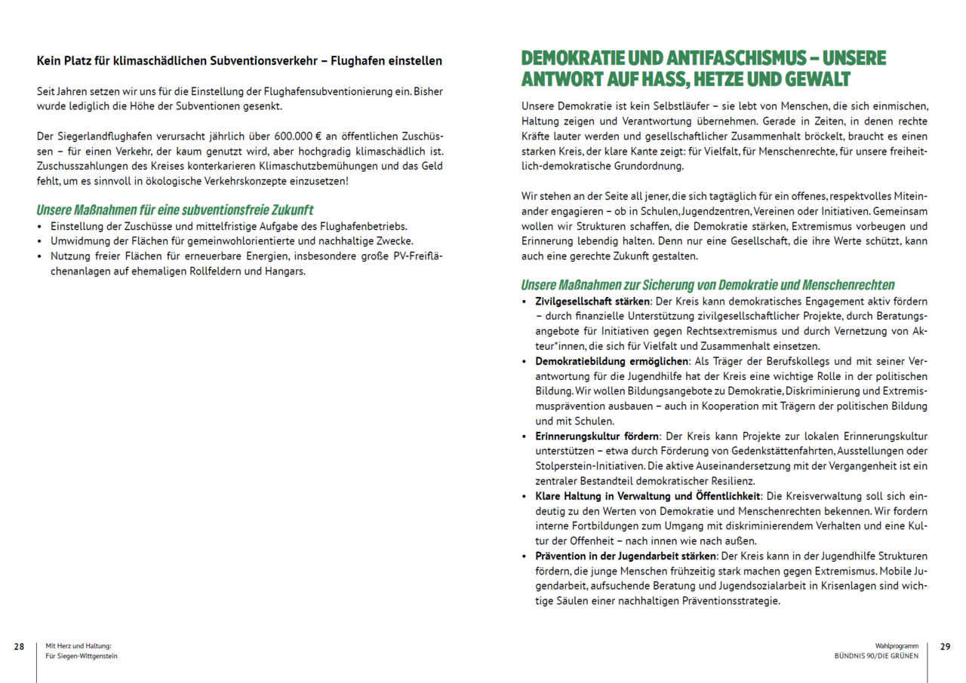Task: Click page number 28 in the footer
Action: (19, 647)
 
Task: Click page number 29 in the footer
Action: (946, 647)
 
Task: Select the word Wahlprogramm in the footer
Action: (897, 646)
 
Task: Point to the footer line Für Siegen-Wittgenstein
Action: (82, 657)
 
